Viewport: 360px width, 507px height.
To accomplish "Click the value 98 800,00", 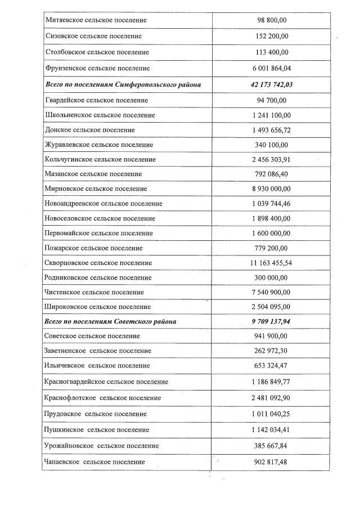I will coord(272,20).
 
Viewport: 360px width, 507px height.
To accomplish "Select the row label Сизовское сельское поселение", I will coord(93,36).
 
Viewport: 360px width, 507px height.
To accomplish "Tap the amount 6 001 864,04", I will coord(272,68).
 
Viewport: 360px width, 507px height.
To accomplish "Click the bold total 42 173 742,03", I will coord(272,84).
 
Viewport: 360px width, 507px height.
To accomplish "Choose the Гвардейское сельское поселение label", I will coord(96,100).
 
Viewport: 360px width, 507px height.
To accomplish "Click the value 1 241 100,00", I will coord(272,115).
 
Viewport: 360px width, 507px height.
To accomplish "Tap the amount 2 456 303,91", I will coord(272,159).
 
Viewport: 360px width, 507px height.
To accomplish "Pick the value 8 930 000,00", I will coord(272,189).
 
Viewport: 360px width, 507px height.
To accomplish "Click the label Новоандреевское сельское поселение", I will coord(103,204).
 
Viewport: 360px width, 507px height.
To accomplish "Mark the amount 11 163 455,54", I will coord(272,263).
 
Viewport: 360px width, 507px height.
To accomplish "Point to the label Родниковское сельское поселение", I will coord(98,277).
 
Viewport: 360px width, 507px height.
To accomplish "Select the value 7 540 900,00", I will coord(272,292).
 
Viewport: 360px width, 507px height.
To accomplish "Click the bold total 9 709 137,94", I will coord(272,321).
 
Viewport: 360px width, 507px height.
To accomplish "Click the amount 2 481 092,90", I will coord(272,398).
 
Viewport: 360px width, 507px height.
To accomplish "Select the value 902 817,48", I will coord(272,461).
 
